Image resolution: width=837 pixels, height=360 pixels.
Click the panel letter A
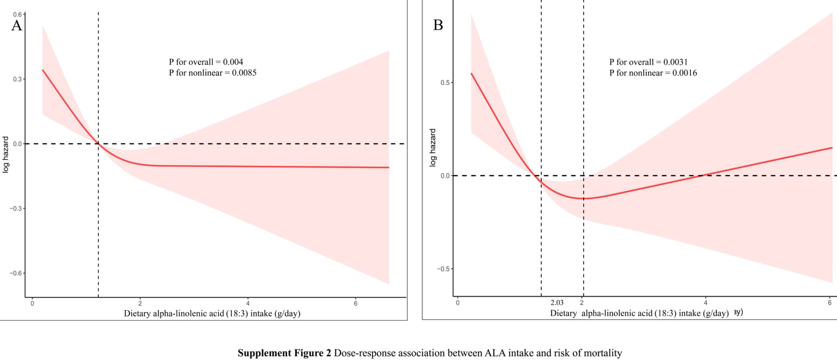[17, 26]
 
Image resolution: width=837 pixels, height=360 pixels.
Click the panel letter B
[438, 25]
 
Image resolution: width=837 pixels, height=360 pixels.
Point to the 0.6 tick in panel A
[17, 14]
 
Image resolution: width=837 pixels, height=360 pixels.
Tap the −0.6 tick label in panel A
[16, 273]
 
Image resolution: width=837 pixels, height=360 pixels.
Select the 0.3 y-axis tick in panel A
[17, 79]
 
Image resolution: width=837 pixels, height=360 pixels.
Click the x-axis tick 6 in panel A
[356, 303]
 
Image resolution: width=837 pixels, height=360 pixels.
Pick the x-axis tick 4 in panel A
[248, 303]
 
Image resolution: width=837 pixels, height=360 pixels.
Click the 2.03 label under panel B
[557, 302]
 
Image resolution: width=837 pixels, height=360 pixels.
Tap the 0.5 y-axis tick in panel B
[445, 82]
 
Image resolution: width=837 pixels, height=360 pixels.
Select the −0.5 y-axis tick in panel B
[443, 269]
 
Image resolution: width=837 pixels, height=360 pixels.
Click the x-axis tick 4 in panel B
[705, 302]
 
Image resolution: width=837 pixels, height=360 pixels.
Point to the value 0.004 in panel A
[233, 62]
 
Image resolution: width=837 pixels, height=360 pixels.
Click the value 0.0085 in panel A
[244, 73]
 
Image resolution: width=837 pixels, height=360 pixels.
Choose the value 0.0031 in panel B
[675, 62]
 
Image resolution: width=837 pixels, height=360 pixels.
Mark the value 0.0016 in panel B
[684, 73]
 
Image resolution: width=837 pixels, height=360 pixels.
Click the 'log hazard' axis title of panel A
[6, 155]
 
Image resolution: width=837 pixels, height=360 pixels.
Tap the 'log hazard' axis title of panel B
[432, 147]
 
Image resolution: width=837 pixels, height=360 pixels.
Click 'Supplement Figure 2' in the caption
[284, 353]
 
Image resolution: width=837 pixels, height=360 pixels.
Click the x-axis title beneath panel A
[212, 313]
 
